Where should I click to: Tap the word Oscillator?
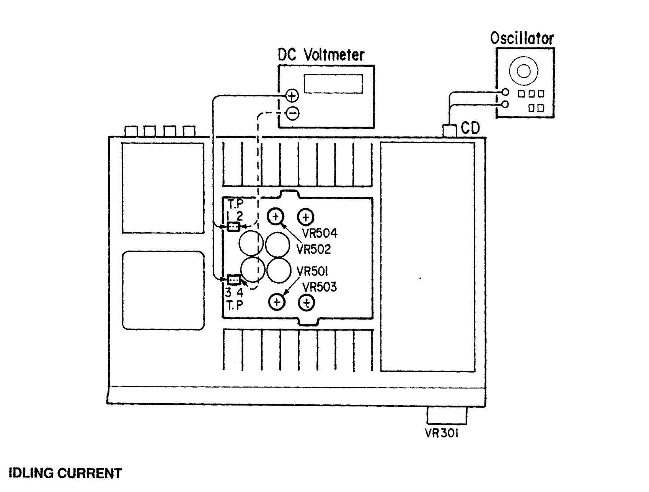click(x=522, y=38)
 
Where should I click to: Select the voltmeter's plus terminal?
click(x=292, y=96)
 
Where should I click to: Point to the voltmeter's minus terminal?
click(x=292, y=113)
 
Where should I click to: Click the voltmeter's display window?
click(x=333, y=84)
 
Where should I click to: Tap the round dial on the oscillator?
click(x=523, y=71)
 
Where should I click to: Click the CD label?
click(x=470, y=129)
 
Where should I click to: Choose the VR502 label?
click(x=313, y=249)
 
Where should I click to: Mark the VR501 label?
click(x=312, y=272)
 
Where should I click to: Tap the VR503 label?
click(x=320, y=287)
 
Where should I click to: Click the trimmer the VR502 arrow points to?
click(x=276, y=217)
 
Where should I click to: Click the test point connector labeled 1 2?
click(x=233, y=227)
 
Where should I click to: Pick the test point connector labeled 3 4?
click(x=233, y=280)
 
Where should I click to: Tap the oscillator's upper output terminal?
click(x=506, y=92)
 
